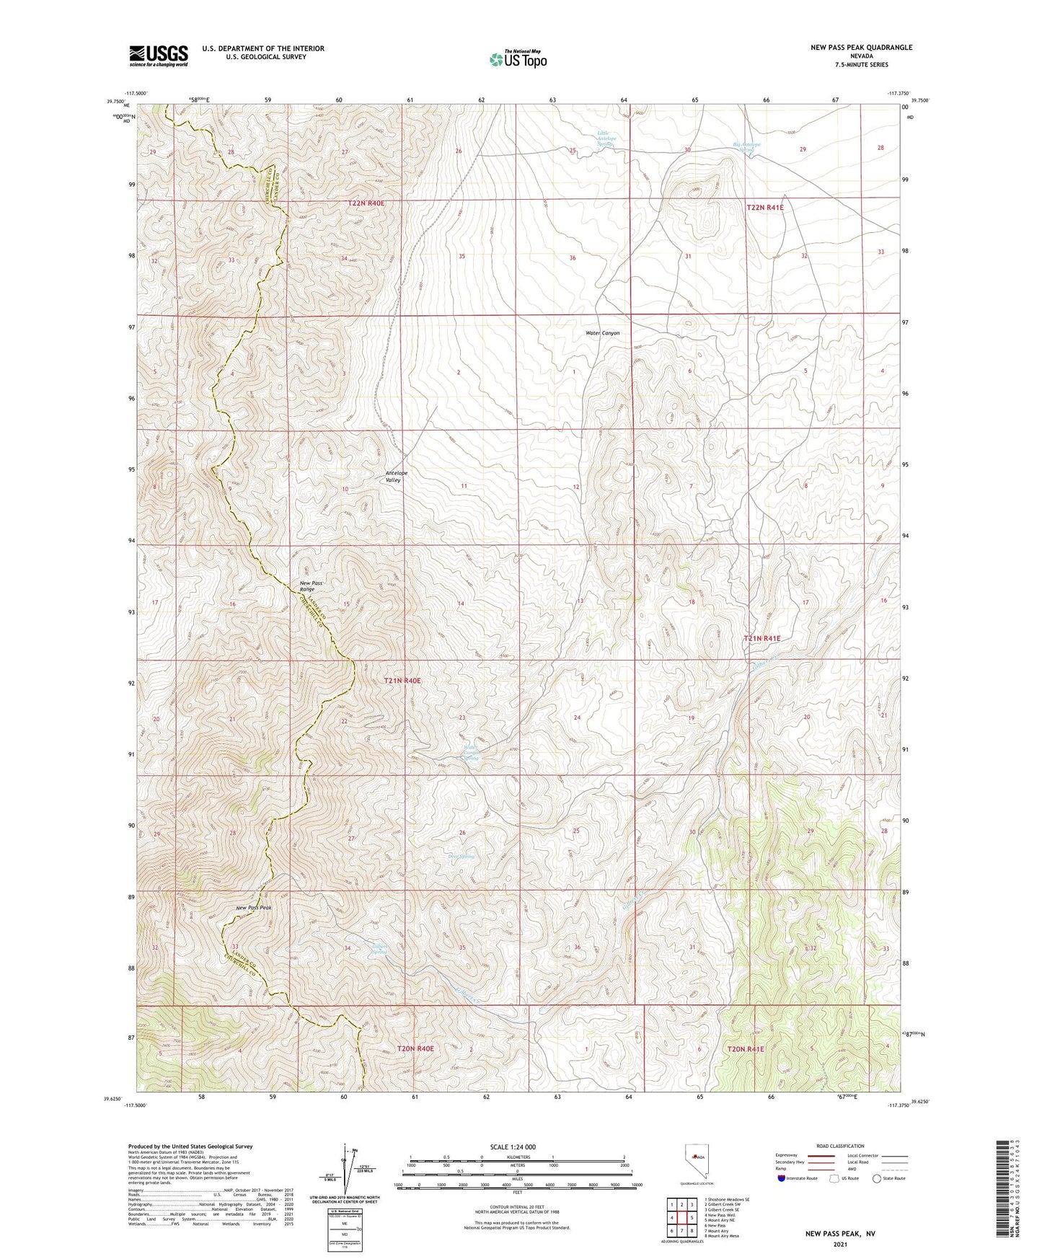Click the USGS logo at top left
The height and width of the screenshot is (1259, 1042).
159,56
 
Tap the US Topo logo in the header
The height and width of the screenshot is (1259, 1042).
517,59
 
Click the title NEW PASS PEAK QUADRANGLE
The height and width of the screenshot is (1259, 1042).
850,48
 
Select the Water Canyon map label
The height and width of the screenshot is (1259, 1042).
602,333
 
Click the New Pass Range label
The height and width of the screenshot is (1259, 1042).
312,586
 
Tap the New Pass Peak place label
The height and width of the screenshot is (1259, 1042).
253,908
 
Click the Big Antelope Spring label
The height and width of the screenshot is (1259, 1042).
746,148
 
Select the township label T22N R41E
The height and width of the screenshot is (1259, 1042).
764,208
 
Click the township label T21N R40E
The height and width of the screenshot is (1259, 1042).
402,681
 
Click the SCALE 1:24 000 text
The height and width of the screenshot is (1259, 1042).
512,1147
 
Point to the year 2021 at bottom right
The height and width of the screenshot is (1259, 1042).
840,1244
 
